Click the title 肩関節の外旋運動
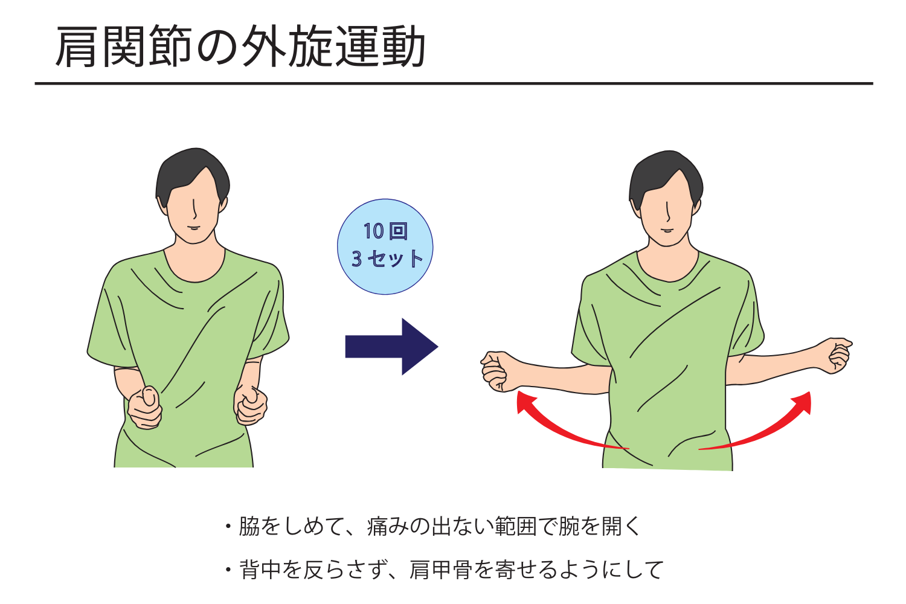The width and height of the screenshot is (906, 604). pyautogui.click(x=240, y=45)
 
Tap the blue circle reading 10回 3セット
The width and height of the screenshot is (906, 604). pyautogui.click(x=385, y=246)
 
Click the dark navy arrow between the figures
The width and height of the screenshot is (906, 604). pyautogui.click(x=391, y=347)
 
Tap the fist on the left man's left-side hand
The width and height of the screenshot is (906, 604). pyautogui.click(x=145, y=407)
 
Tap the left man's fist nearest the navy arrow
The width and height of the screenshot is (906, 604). pyautogui.click(x=251, y=405)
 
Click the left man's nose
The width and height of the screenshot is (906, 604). pyautogui.click(x=194, y=209)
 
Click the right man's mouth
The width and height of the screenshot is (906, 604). pyautogui.click(x=668, y=231)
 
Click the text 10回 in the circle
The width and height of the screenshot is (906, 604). pyautogui.click(x=385, y=231)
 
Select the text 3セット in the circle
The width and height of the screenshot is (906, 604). pyautogui.click(x=387, y=259)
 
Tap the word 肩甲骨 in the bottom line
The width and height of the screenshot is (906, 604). pyautogui.click(x=440, y=570)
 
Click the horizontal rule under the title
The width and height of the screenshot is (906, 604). pyautogui.click(x=454, y=84)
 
